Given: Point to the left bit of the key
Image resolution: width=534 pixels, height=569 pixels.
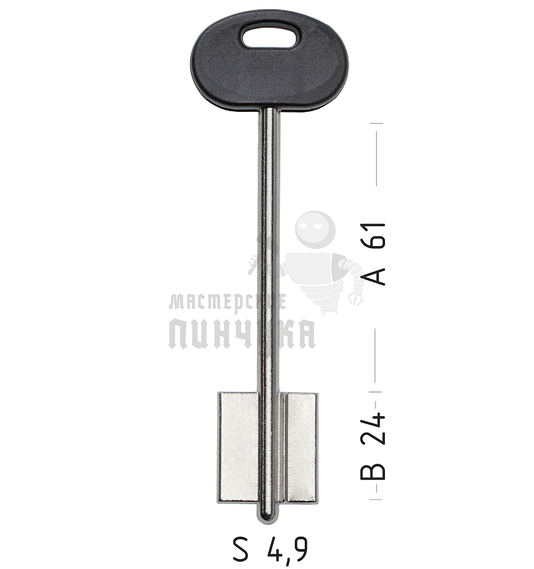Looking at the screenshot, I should [x=238, y=446].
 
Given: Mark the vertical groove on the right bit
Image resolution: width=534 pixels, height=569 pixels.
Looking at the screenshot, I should [x=285, y=446].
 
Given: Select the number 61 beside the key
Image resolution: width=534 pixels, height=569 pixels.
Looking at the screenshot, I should [x=376, y=237].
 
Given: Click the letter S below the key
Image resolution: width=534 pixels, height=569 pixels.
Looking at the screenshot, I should [x=240, y=549].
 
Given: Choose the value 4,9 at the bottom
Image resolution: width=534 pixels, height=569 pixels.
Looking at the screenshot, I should [x=287, y=549].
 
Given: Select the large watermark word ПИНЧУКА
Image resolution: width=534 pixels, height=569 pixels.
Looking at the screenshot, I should [x=242, y=333].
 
